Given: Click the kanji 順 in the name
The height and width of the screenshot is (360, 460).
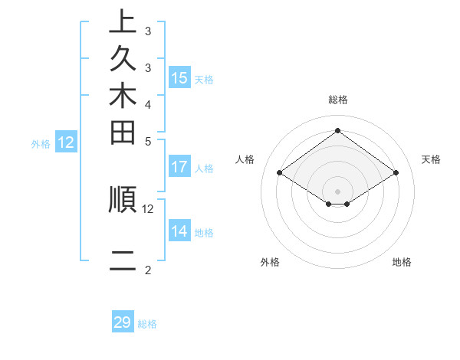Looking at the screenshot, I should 123,200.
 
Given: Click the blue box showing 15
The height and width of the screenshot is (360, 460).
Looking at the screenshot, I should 179,78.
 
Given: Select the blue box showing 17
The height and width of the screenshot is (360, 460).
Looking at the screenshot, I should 179,167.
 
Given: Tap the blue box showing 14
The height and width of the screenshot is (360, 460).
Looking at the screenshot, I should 179,231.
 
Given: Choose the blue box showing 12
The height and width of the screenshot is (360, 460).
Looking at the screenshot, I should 66,142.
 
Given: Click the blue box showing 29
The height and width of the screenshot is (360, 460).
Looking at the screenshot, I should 123,322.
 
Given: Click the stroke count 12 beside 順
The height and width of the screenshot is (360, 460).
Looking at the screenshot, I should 148,208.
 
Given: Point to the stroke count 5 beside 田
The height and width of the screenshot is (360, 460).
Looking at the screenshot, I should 148,141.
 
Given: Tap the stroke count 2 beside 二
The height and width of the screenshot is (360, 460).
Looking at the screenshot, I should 148,270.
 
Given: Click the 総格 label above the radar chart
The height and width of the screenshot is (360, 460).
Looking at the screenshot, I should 337,100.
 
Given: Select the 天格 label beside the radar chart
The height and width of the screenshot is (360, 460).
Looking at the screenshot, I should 432,159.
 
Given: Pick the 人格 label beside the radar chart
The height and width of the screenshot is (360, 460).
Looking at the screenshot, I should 245,159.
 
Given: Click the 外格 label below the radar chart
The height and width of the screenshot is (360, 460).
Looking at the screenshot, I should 270,262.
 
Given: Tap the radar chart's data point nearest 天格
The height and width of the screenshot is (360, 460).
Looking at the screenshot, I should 396,173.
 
